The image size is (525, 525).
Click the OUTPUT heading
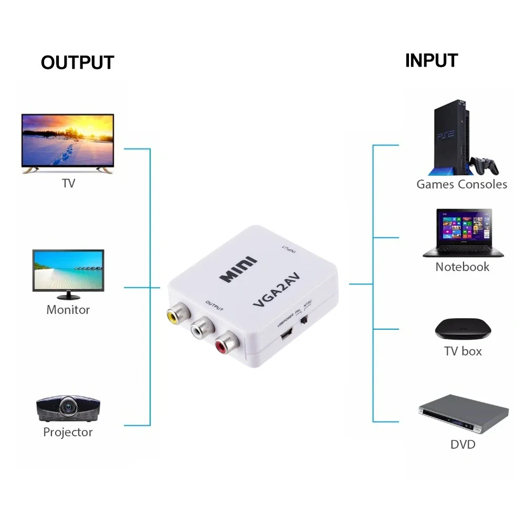tap(77, 62)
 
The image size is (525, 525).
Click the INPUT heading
tap(431, 60)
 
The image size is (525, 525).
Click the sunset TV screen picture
tap(67, 141)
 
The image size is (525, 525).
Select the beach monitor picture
tap(68, 269)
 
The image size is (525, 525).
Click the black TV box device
tap(463, 329)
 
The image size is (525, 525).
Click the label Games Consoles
tap(461, 184)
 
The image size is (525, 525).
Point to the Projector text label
tap(68, 432)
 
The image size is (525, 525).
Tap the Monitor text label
tap(68, 309)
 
